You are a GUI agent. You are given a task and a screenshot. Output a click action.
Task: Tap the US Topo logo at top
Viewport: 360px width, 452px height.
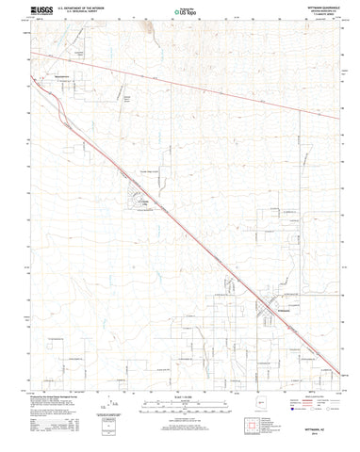[182, 12]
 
